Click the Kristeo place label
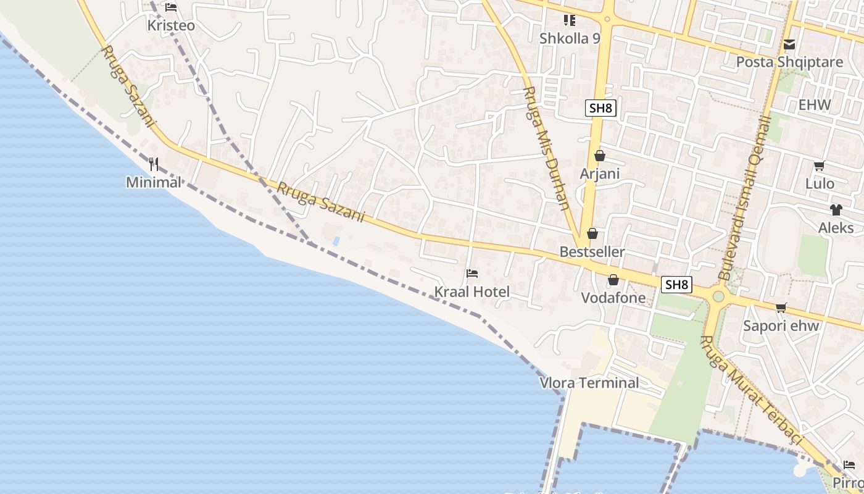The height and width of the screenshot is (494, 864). (x=171, y=26)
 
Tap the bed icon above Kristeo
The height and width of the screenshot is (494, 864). (x=171, y=7)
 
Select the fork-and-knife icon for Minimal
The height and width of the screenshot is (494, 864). (x=154, y=164)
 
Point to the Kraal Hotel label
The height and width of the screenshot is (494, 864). (x=472, y=292)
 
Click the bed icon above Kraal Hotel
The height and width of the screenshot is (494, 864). (x=472, y=273)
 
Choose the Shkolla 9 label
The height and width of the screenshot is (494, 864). (x=570, y=38)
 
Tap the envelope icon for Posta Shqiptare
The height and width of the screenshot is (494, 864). (x=789, y=44)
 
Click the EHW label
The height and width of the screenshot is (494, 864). (x=815, y=105)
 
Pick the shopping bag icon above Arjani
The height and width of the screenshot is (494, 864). (x=599, y=156)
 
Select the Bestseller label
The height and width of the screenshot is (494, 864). (x=592, y=252)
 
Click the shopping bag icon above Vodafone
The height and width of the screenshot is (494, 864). (x=613, y=280)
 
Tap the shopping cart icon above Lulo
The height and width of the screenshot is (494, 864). (x=820, y=165)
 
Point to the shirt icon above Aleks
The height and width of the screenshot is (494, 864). (x=836, y=210)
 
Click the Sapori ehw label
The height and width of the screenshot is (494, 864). (x=781, y=326)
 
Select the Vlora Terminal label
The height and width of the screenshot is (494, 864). (x=589, y=383)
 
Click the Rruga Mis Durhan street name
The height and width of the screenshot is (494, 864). (x=546, y=148)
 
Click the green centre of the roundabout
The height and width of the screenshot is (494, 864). (x=718, y=296)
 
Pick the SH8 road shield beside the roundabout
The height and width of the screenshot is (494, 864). (x=676, y=285)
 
